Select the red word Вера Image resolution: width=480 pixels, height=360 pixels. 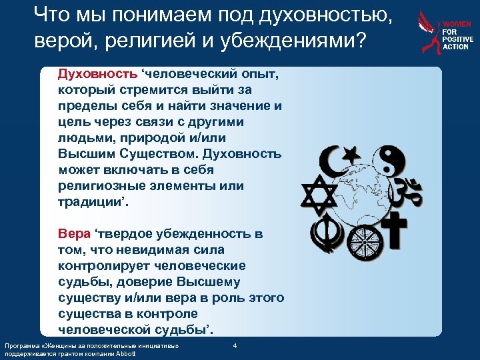click(71, 234)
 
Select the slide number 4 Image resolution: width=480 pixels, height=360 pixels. click(235, 345)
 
